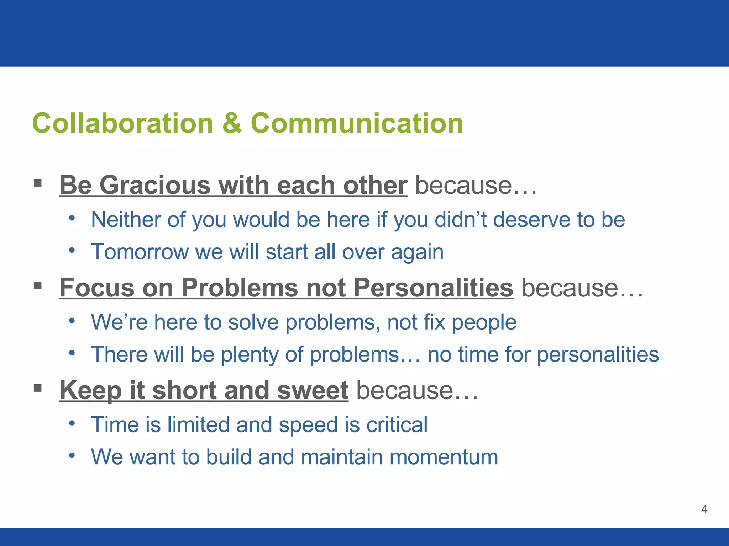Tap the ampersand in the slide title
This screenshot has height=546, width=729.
232,123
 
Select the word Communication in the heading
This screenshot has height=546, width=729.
357,123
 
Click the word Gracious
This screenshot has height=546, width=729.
155,185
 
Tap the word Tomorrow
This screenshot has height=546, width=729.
140,252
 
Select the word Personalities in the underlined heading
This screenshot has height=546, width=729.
433,288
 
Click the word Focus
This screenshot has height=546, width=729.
97,288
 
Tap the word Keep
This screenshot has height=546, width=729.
91,390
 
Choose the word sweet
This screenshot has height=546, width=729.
313,390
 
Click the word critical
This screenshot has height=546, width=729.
397,424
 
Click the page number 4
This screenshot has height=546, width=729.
704,509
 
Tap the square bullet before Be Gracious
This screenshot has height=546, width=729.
38,183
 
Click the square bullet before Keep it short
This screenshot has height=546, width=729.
38,388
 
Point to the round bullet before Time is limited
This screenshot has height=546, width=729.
72,423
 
